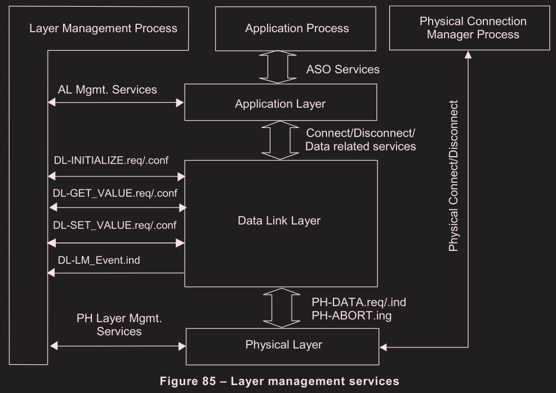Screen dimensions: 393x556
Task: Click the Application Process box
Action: (x=297, y=28)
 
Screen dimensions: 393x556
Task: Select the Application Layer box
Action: (x=280, y=103)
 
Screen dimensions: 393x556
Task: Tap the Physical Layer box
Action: (x=283, y=345)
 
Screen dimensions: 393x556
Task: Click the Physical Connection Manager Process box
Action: (x=473, y=28)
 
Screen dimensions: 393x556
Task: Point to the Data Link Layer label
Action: (x=279, y=220)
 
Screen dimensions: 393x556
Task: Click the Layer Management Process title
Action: (x=103, y=28)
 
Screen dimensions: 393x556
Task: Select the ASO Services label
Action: (x=343, y=69)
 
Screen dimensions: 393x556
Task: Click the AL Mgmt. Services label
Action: (x=107, y=90)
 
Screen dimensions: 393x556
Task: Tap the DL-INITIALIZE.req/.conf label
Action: (x=111, y=160)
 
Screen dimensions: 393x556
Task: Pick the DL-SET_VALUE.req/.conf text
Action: (x=115, y=226)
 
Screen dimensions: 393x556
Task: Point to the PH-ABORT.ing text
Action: (x=351, y=316)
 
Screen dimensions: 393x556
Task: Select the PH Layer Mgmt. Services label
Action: (x=119, y=325)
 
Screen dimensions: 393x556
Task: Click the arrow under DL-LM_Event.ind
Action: (x=116, y=273)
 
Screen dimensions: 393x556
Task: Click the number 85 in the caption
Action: (x=208, y=381)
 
